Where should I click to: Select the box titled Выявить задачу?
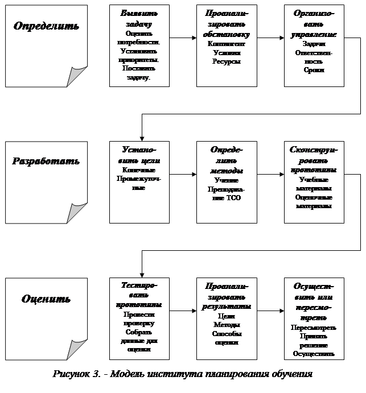click(x=139, y=45)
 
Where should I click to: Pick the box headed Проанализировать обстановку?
click(x=226, y=45)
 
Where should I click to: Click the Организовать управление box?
click(x=314, y=45)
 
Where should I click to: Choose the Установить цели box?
click(x=139, y=181)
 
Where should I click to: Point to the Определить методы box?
click(x=226, y=181)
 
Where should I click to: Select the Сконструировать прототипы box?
click(x=314, y=181)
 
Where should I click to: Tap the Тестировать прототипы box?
click(x=139, y=318)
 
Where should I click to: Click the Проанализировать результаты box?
click(x=226, y=318)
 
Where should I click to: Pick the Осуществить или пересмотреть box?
click(x=314, y=318)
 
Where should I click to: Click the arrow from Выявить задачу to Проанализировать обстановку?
click(x=183, y=38)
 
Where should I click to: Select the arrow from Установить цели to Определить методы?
click(x=183, y=173)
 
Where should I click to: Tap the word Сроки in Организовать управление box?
click(x=314, y=70)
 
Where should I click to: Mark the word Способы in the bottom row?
click(x=226, y=334)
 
